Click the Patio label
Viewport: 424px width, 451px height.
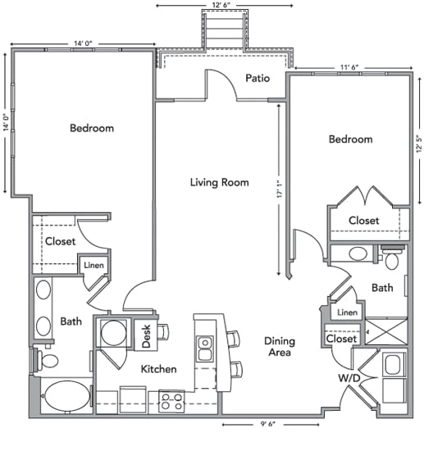click(260, 79)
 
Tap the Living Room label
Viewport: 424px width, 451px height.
click(219, 182)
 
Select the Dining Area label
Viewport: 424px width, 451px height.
click(280, 347)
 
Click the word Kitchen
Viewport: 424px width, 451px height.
click(158, 370)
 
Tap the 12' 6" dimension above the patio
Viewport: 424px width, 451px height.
click(223, 7)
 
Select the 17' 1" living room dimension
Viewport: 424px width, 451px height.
click(279, 188)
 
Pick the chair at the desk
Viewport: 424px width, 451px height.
click(162, 332)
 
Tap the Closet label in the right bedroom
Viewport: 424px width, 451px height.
click(363, 221)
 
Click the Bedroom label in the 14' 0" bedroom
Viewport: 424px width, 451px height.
click(91, 128)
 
